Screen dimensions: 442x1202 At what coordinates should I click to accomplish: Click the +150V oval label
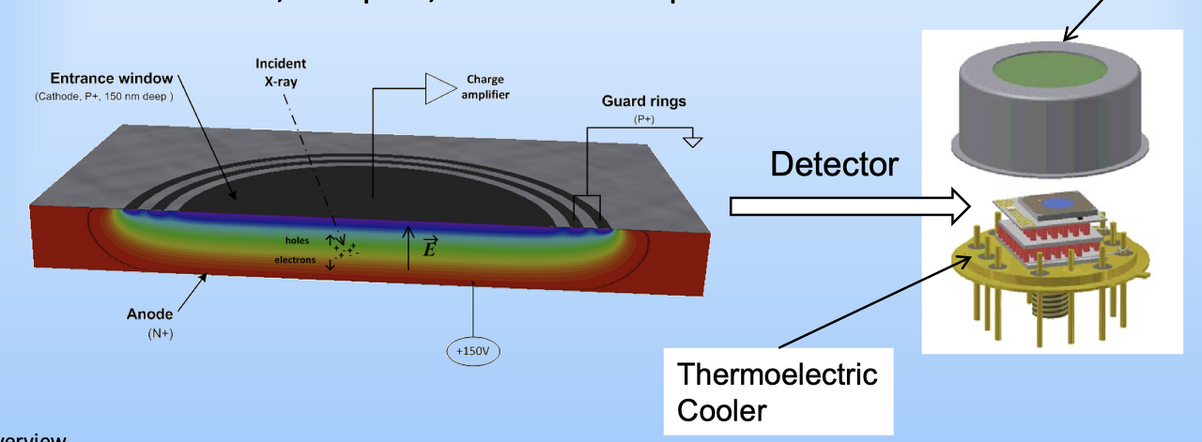(x=473, y=350)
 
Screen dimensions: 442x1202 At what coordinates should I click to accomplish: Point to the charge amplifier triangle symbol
(x=439, y=88)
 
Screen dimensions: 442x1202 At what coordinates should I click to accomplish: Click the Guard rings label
(x=643, y=101)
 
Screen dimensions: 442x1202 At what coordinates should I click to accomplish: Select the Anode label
(x=150, y=313)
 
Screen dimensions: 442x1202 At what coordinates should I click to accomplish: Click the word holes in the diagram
(x=299, y=240)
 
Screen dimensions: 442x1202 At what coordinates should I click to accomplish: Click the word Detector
(x=834, y=165)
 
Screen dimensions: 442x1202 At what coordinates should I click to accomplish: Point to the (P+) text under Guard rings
(x=644, y=120)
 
